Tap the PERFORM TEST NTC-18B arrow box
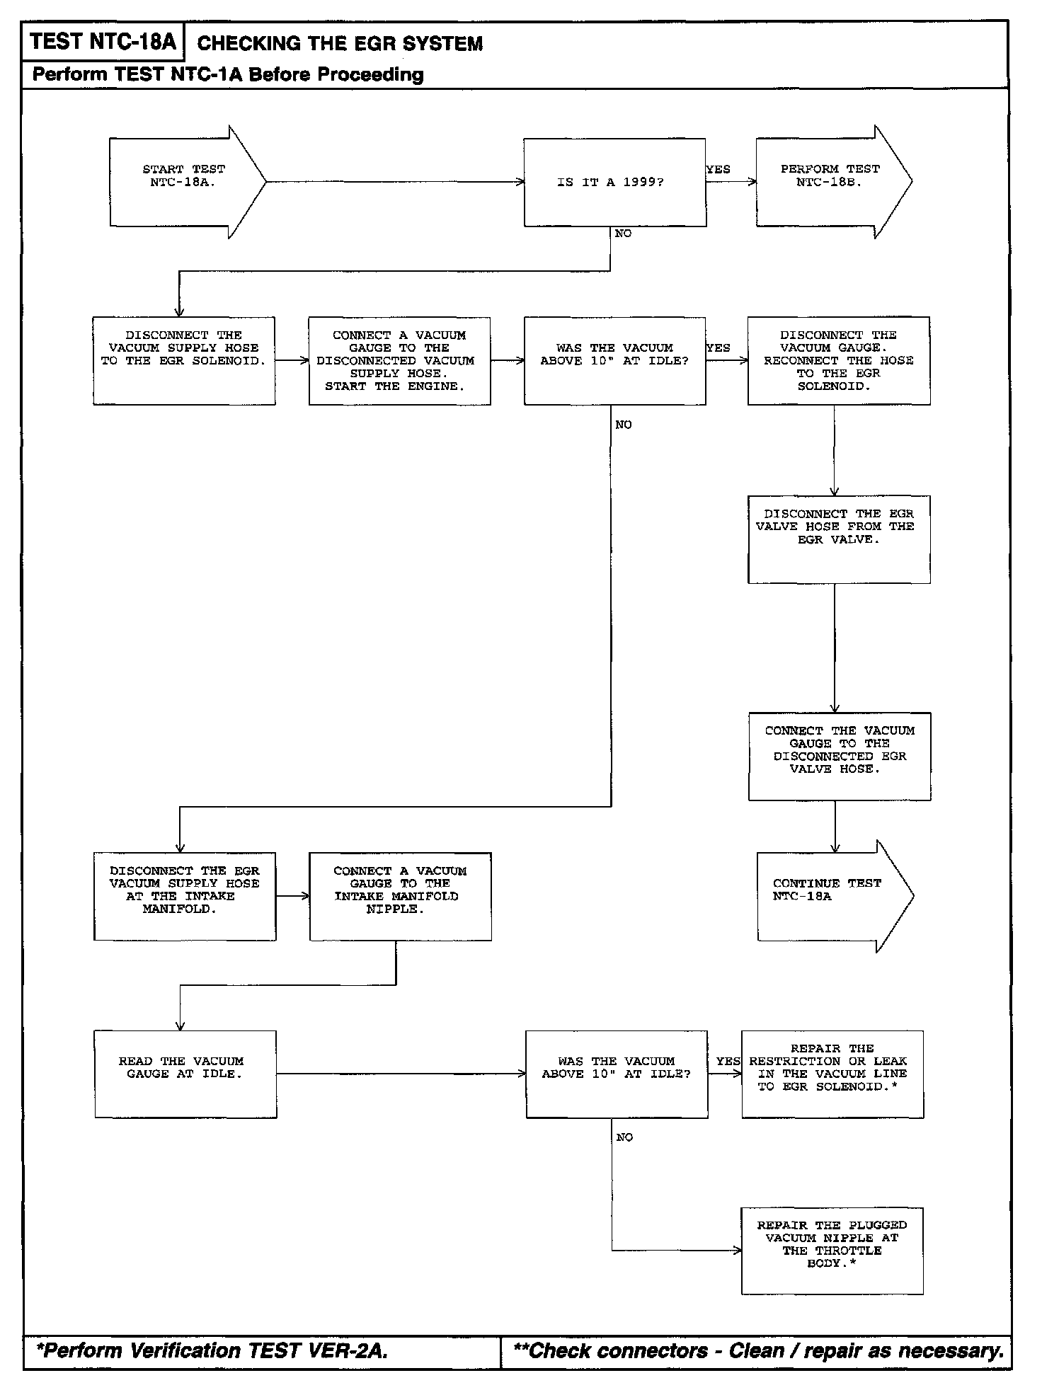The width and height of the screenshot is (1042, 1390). [830, 182]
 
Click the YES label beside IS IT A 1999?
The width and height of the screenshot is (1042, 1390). [718, 170]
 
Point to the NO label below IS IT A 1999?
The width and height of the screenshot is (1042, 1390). [623, 234]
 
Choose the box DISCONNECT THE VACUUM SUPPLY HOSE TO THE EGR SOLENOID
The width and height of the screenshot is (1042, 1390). [184, 361]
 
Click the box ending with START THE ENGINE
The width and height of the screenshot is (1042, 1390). [399, 361]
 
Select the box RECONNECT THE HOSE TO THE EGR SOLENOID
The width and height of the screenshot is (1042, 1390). [839, 361]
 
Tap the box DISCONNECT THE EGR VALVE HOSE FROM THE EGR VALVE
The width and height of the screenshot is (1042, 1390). [839, 539]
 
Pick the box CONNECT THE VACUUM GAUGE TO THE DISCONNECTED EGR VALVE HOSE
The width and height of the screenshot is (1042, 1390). [840, 756]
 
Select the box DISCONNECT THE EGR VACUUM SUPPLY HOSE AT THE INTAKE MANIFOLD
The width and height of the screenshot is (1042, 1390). [185, 896]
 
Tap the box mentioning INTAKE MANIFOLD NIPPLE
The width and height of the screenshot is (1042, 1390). [400, 896]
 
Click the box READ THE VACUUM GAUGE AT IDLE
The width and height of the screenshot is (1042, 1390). [185, 1074]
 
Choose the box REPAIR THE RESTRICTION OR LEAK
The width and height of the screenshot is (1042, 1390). [832, 1074]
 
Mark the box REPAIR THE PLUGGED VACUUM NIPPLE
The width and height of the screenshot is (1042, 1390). [832, 1251]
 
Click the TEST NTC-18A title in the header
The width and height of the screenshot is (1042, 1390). [103, 42]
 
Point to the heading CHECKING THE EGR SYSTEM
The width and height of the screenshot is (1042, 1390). [340, 44]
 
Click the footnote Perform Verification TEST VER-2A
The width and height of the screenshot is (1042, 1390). [212, 1351]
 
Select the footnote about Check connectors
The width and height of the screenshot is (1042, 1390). [757, 1351]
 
